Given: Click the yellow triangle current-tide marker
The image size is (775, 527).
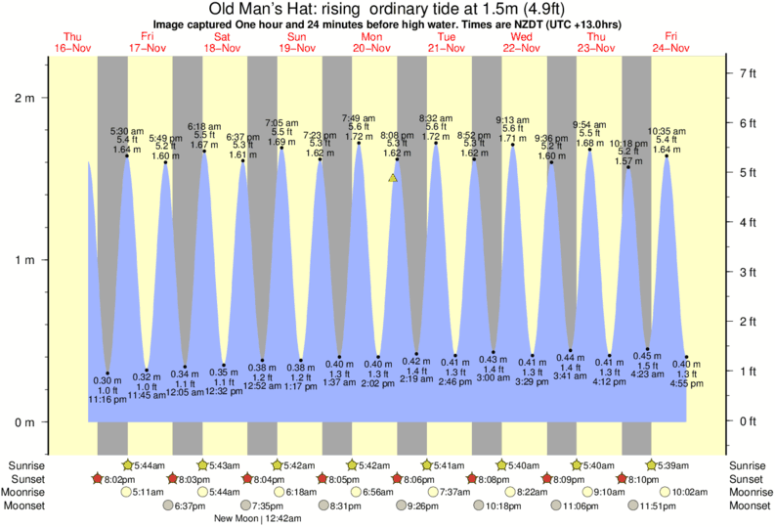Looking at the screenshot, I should point(393,178).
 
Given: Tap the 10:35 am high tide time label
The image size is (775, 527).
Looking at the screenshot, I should point(667,131).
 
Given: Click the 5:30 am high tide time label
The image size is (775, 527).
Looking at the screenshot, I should point(127,131).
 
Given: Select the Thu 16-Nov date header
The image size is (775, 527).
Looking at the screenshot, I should point(72,43).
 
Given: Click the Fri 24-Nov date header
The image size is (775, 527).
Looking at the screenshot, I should point(671,43).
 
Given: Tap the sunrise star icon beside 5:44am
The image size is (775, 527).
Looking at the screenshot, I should point(127,464).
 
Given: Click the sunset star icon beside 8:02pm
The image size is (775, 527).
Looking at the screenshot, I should point(98,478).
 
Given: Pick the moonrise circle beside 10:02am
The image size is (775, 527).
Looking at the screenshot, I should point(649,492).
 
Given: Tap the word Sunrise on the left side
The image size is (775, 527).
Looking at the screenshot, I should point(24,464).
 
